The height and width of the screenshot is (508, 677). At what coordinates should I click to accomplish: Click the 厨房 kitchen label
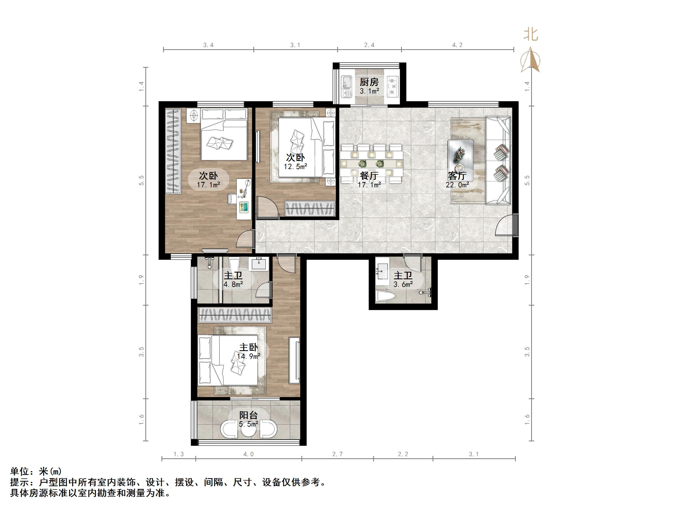[369, 82]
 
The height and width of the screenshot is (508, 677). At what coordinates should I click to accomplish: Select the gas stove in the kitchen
[392, 86]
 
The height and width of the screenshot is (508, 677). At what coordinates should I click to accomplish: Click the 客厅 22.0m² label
[457, 176]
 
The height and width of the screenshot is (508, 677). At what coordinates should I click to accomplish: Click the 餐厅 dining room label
[369, 176]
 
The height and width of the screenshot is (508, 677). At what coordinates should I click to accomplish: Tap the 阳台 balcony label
[248, 416]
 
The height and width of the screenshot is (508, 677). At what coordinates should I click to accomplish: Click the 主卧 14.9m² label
[248, 348]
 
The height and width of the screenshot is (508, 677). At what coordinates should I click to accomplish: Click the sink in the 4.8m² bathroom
[260, 264]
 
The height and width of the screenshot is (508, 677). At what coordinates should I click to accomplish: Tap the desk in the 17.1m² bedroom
[244, 199]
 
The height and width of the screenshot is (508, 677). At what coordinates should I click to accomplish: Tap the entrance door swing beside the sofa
[504, 226]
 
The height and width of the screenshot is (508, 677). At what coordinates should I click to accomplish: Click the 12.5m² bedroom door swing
[267, 207]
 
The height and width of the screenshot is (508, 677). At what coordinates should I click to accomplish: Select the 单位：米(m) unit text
[36, 471]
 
